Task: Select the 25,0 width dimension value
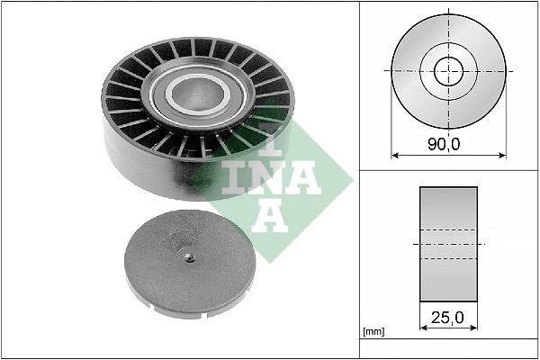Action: click(x=448, y=317)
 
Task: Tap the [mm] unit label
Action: click(x=372, y=332)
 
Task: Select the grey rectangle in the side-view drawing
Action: click(x=448, y=245)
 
